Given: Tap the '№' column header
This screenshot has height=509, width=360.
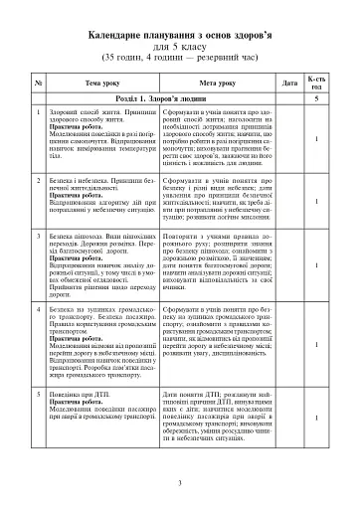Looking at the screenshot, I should coord(37,83).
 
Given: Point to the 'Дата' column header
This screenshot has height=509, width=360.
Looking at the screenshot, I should coord(289,83).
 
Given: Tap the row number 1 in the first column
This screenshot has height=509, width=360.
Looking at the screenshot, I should coord(37,116).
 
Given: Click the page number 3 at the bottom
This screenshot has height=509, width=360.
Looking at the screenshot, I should coord(180,484).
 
